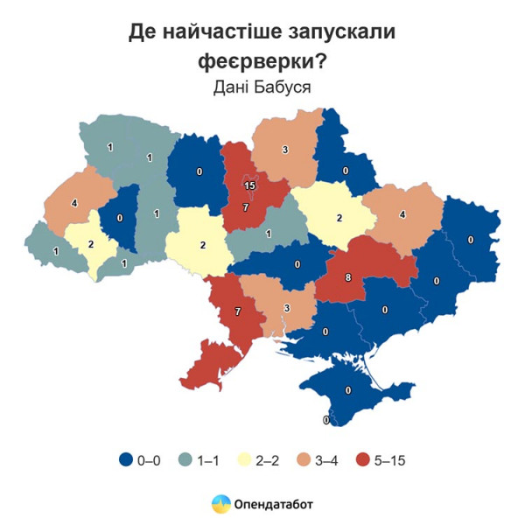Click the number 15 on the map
(249, 185)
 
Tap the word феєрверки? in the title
(262, 61)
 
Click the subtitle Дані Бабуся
(262, 87)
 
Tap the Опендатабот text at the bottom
(274, 504)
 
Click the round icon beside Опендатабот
(221, 504)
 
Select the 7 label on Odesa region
(236, 312)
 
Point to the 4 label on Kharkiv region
(402, 214)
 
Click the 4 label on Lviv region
(73, 203)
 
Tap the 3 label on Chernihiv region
(284, 150)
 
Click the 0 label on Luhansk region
(471, 239)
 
